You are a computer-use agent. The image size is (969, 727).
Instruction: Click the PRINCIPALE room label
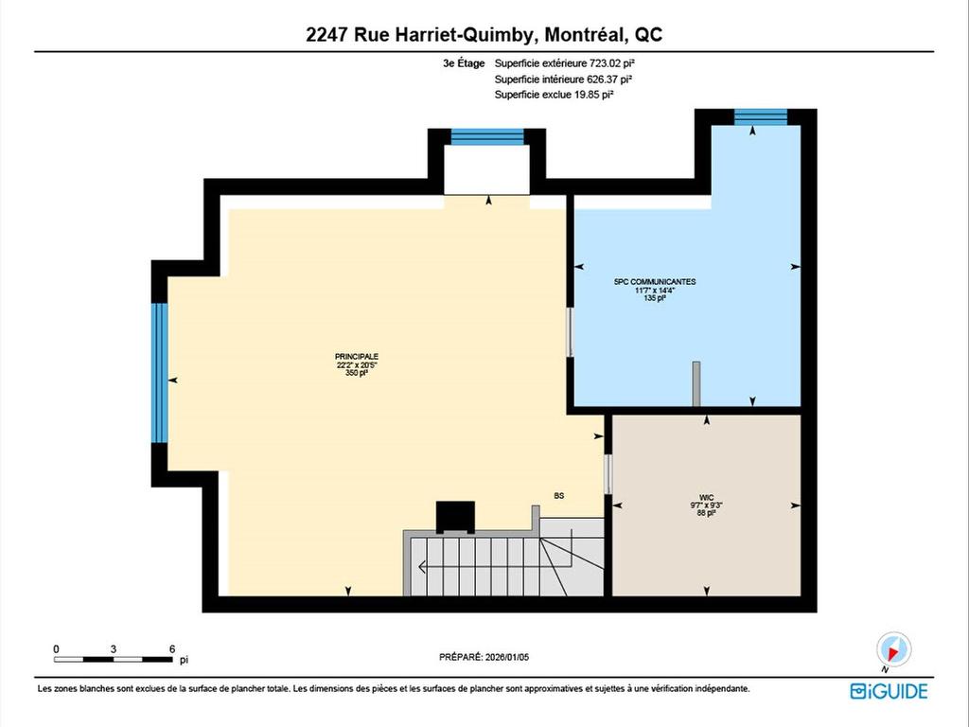357,356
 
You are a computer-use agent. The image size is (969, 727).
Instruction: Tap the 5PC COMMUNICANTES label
655,281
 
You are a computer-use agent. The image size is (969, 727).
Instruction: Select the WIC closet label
706,495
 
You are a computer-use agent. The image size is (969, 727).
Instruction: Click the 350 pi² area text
357,373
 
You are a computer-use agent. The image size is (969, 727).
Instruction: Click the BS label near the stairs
559,495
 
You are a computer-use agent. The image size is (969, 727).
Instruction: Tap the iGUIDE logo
889,691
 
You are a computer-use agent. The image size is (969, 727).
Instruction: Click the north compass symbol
893,649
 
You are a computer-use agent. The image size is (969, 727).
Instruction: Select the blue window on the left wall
160,372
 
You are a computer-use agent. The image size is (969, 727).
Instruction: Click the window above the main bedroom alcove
487,136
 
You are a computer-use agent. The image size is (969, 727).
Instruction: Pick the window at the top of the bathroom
761,116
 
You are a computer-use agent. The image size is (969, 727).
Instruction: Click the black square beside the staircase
453,518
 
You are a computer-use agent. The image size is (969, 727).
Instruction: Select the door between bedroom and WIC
608,474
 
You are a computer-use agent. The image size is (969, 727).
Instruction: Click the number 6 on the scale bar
171,648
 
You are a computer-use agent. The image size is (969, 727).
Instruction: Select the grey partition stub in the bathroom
696,383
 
